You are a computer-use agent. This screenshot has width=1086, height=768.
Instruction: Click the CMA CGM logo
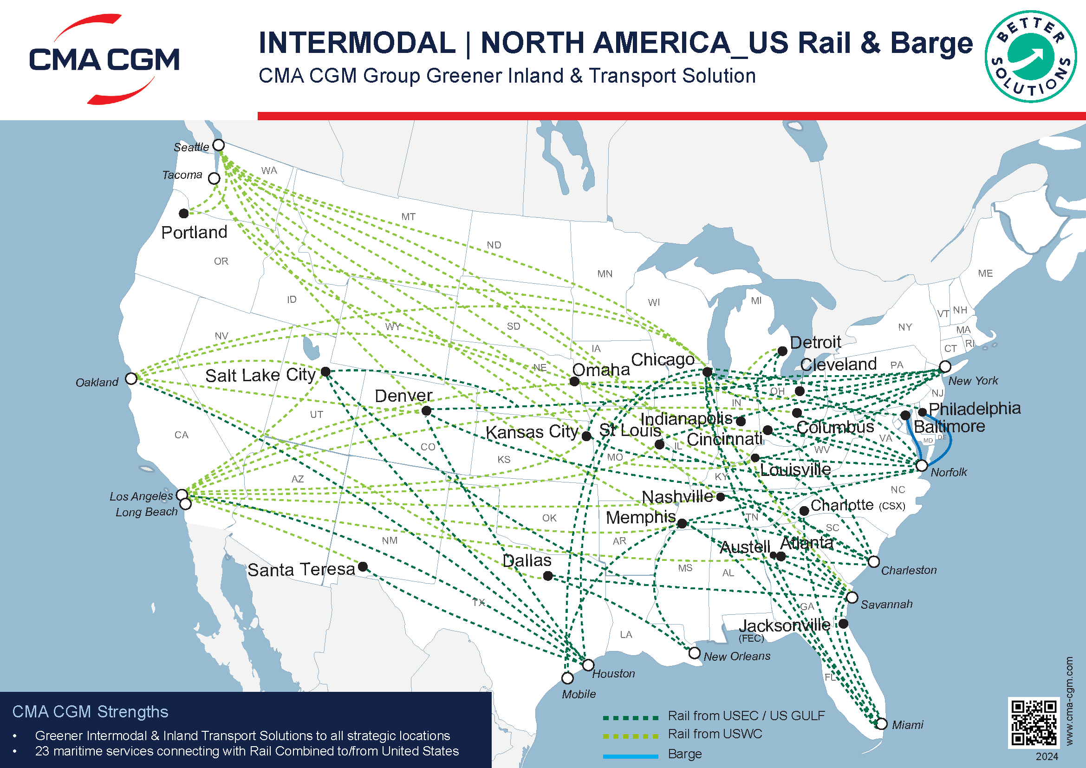104,59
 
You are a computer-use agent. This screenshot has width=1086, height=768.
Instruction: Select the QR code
1034,722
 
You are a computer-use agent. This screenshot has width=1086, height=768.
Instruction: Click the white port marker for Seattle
219,145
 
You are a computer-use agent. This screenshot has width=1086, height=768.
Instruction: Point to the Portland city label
194,233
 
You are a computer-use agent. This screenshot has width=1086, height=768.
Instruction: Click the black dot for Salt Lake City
325,372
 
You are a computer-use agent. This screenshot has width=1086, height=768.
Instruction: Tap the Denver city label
403,396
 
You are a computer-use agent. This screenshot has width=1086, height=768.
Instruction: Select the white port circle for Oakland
131,379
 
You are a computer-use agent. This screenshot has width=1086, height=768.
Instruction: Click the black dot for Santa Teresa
363,566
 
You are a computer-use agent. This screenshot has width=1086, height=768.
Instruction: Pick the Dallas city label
527,561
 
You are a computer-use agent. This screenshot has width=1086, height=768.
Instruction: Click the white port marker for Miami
882,724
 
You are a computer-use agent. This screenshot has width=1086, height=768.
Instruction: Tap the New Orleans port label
737,657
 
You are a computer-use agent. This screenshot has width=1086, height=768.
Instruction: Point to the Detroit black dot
782,351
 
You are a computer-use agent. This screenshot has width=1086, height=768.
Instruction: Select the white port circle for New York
945,366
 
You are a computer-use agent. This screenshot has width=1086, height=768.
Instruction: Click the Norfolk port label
949,472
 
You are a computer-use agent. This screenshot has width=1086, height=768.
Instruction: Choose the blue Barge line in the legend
631,756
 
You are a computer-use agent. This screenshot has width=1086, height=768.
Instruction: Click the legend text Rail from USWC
715,734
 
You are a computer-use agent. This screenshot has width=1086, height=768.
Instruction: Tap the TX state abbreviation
479,603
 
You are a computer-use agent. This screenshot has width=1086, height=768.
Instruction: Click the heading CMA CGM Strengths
91,712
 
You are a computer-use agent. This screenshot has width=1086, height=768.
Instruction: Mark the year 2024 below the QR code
1047,757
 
